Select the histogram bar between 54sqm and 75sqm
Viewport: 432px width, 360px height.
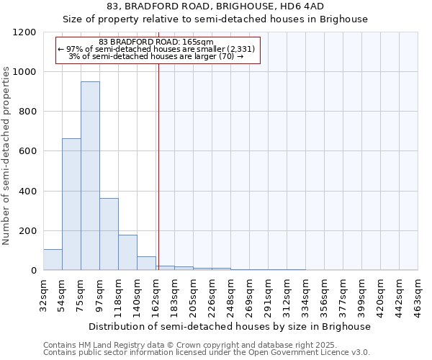[71, 204]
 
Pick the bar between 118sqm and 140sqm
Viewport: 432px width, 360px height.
[127, 252]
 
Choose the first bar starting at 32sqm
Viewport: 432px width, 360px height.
[53, 260]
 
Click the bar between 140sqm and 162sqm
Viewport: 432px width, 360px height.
[146, 264]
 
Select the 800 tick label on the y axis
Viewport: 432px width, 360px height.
[27, 112]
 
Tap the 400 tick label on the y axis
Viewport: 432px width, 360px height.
[27, 191]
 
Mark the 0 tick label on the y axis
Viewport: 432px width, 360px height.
[33, 271]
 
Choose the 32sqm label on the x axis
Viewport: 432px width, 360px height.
[43, 294]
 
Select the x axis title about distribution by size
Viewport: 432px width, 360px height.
[230, 326]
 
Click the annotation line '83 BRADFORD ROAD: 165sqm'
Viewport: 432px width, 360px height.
[156, 42]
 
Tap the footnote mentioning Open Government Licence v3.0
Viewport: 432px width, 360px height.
[207, 352]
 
